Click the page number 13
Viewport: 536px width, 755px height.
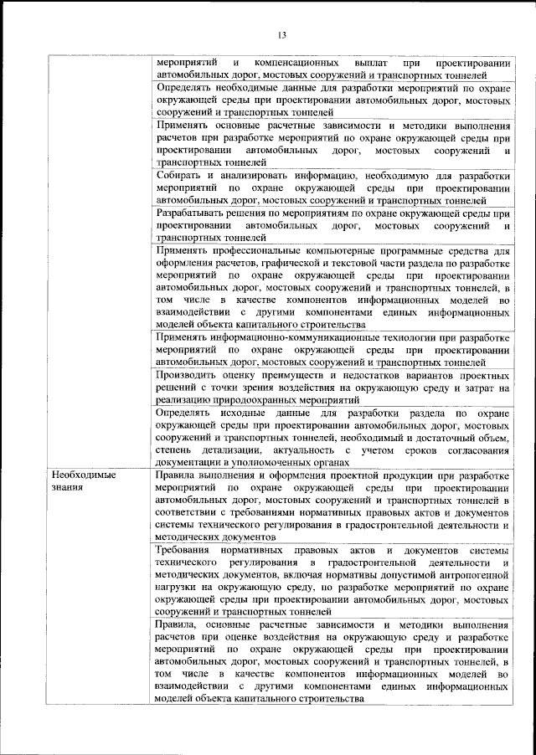pos(281,34)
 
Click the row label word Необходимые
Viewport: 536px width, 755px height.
pos(81,475)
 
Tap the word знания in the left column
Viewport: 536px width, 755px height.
pos(66,486)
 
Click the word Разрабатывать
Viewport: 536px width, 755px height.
pos(196,213)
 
